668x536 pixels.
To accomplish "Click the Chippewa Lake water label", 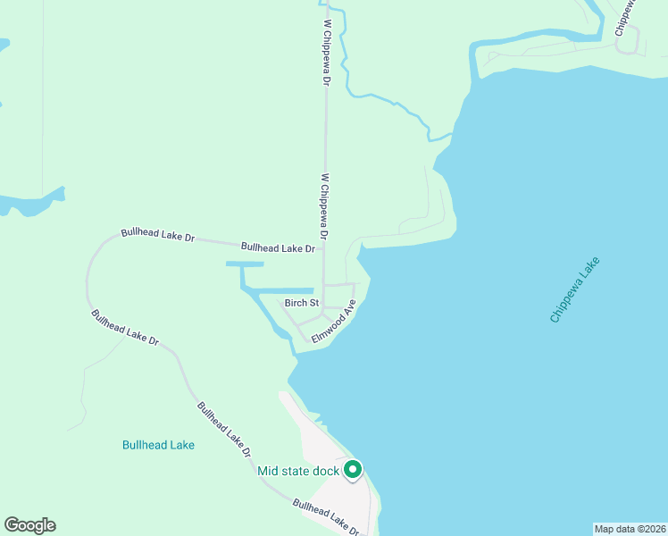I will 576,290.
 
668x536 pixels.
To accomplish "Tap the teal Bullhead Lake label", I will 158,444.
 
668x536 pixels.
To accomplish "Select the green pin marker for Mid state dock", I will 353,469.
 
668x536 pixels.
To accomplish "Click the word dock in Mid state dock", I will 324,471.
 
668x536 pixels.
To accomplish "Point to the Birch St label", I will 302,304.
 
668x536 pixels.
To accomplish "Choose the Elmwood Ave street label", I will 334,321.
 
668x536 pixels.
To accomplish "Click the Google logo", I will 29,525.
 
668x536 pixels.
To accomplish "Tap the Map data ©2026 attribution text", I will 630,529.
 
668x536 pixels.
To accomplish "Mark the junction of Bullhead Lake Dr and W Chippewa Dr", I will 324,249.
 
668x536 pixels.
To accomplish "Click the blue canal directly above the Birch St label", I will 283,290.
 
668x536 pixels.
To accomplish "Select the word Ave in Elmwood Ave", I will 350,306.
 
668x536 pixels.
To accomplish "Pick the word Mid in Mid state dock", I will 269,471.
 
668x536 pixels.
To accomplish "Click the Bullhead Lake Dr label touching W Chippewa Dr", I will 279,247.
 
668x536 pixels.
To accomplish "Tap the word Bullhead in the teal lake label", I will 143,444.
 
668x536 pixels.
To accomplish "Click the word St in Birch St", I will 313,304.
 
